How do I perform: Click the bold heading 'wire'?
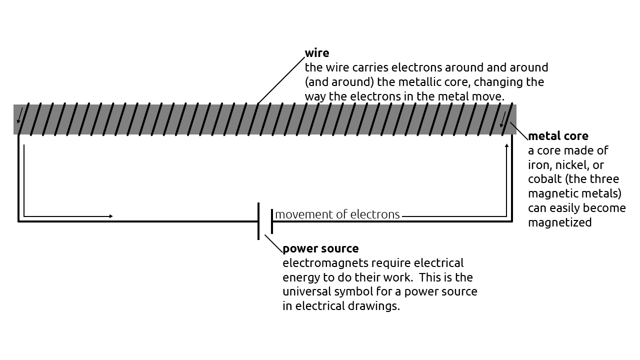317,53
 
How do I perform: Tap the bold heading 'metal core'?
558,136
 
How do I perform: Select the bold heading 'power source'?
320,248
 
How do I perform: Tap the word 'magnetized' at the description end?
559,222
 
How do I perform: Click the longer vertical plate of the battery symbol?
258,221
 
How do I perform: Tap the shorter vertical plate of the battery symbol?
272,221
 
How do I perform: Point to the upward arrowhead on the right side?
507,146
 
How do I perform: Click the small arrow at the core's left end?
19,116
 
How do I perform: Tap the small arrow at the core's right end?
502,121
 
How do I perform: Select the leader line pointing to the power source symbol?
273,244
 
